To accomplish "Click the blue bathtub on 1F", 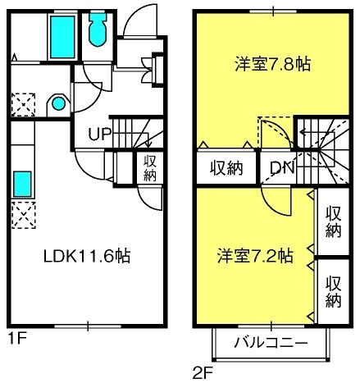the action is (62, 37).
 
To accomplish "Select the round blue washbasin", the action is (59, 103).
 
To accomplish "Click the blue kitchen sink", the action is (22, 184).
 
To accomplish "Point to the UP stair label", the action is (99, 134).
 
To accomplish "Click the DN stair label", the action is (282, 167).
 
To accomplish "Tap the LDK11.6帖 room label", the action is (87, 256).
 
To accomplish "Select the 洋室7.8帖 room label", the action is (272, 64).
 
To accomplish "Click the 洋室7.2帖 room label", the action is (255, 256).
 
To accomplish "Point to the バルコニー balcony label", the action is (271, 342).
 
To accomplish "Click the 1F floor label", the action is (17, 340).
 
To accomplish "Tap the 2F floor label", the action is (203, 373).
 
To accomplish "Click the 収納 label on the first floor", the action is (149, 168).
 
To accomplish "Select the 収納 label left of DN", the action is (226, 168).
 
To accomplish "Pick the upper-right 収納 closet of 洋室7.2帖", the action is (334, 221).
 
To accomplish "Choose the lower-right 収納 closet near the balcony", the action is (334, 292).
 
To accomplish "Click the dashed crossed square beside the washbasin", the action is (23, 105).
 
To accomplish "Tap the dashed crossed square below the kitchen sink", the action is (23, 215).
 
